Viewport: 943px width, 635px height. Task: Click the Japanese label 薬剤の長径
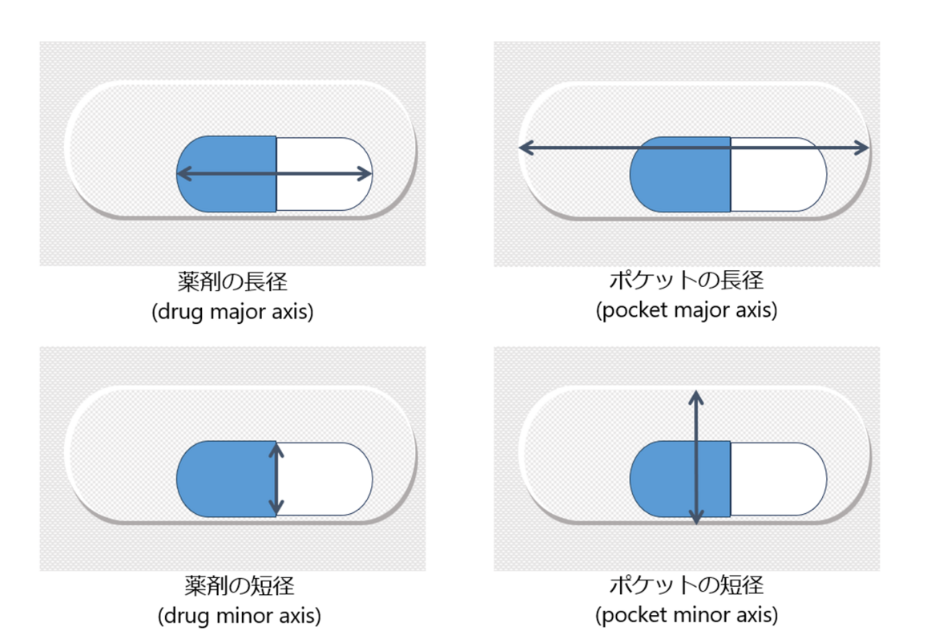point(232,281)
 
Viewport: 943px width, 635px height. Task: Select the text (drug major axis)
point(232,311)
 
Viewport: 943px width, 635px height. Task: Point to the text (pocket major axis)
point(687,310)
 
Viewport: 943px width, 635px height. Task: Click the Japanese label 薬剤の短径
point(232,584)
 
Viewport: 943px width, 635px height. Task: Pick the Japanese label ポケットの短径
point(687,584)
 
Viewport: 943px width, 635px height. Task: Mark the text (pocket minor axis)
point(687,615)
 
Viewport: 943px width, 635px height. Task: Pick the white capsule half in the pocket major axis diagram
point(777,180)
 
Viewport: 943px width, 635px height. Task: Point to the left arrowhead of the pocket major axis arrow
point(525,148)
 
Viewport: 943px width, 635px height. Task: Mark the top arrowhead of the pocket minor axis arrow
point(696,396)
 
